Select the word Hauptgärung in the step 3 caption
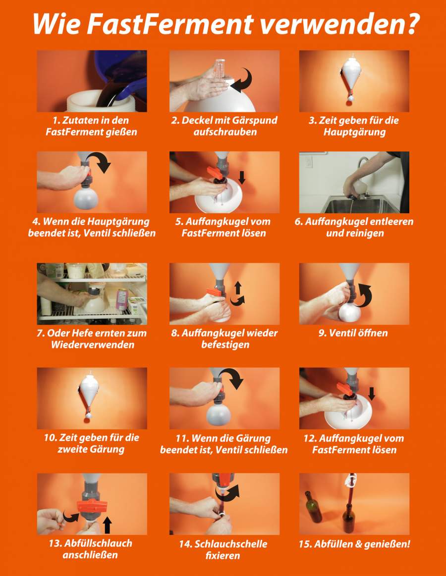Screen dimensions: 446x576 coord(354,132)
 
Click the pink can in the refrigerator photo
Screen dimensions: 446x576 coord(122,299)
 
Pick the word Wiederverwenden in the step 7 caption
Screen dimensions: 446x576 coord(92,344)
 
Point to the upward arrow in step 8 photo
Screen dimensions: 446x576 coord(238,288)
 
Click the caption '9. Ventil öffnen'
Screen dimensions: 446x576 coord(353,333)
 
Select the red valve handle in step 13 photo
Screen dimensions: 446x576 coord(92,506)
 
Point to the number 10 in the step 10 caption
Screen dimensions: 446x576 coord(50,438)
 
